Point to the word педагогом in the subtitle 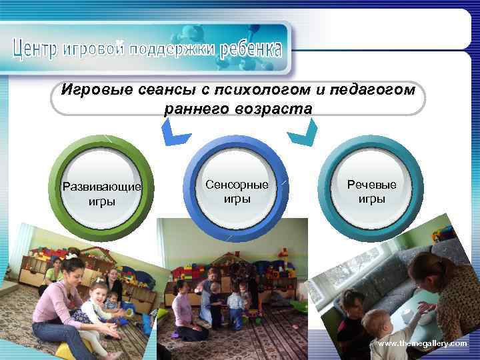pos(361,89)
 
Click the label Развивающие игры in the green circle pos(101,193)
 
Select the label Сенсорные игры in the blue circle pos(237,191)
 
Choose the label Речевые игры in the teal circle pos(371,191)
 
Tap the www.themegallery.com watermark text pos(423,343)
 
